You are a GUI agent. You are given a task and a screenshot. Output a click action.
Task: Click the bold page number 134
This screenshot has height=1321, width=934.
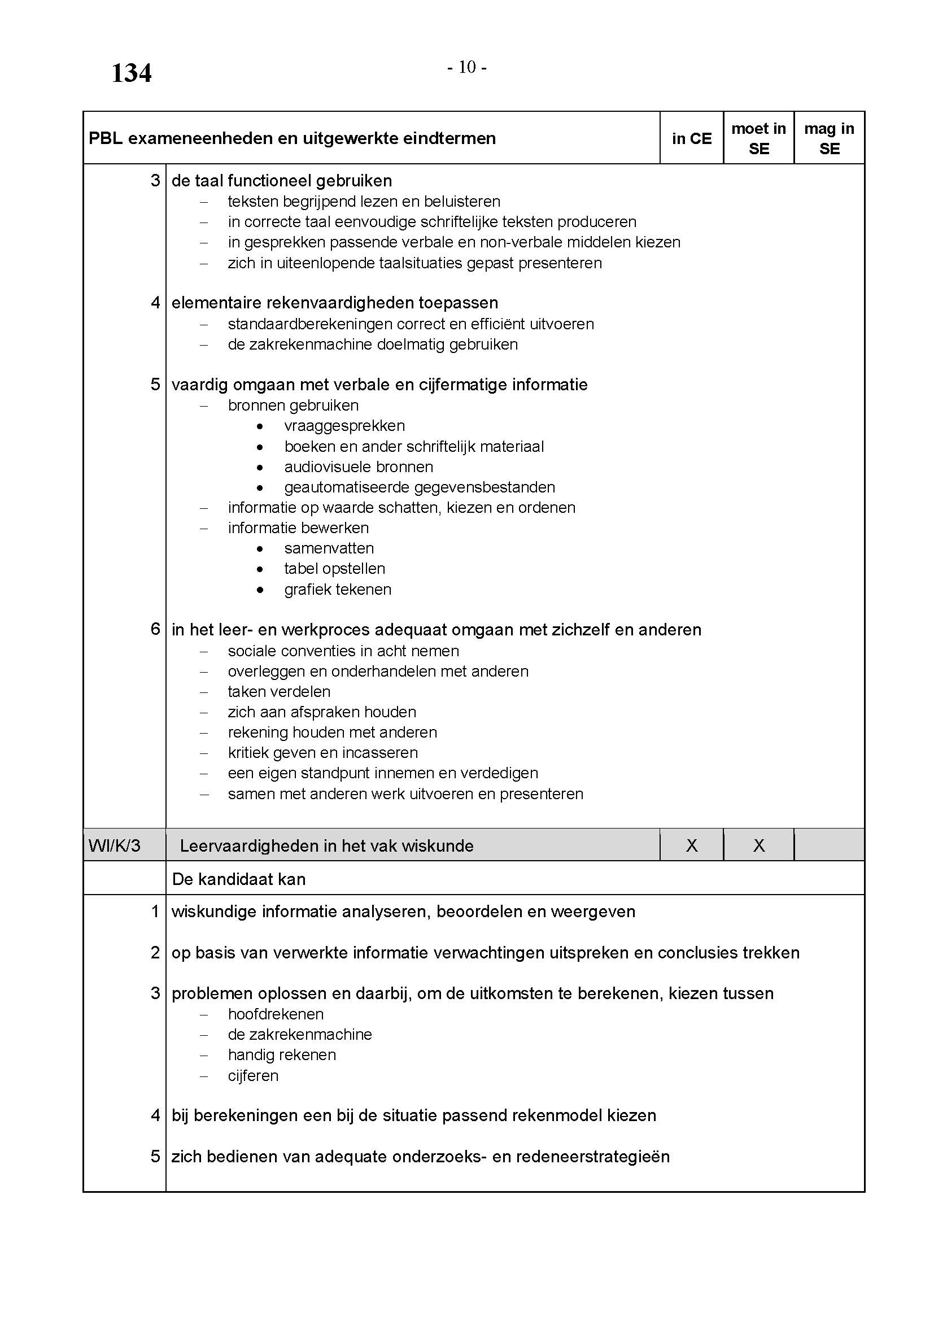point(131,73)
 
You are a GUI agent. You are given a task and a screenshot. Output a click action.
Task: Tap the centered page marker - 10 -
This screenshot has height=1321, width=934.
point(467,68)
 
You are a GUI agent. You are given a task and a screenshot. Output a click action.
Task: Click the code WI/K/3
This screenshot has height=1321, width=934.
point(115,845)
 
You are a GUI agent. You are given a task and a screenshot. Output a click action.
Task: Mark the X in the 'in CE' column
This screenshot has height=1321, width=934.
point(691,845)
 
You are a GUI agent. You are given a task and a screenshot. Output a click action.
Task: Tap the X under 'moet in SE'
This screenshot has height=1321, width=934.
point(758,845)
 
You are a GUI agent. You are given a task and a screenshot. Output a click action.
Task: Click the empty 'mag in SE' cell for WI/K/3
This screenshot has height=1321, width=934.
point(829,845)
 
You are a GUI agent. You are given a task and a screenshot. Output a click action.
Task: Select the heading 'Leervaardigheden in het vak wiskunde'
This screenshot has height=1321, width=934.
point(326,845)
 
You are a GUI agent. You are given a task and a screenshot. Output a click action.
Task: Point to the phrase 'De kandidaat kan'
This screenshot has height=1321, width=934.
point(239,879)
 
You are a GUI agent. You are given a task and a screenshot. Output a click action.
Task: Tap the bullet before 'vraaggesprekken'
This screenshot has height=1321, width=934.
point(260,426)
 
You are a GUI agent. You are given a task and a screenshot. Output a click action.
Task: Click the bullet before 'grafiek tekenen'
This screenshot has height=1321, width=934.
point(260,590)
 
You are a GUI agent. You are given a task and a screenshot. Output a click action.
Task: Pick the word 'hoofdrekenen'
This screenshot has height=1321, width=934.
point(276,1013)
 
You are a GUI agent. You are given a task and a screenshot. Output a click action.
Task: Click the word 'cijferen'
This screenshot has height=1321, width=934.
point(253,1075)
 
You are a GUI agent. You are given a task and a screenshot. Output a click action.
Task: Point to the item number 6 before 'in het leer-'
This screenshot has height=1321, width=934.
point(155,629)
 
